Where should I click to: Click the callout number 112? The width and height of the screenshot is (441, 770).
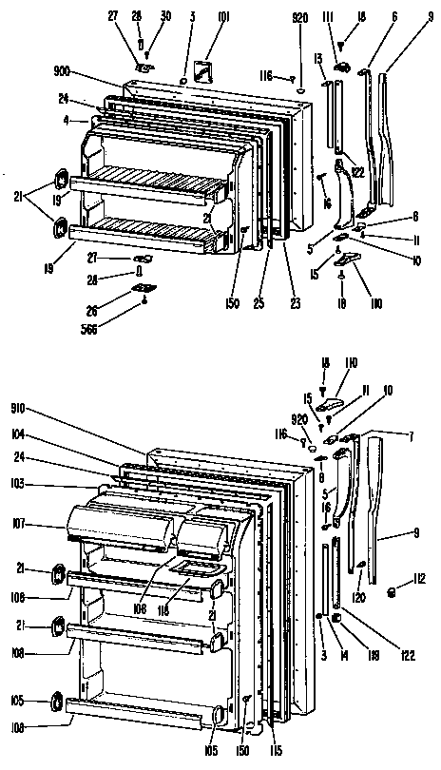click(x=418, y=576)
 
